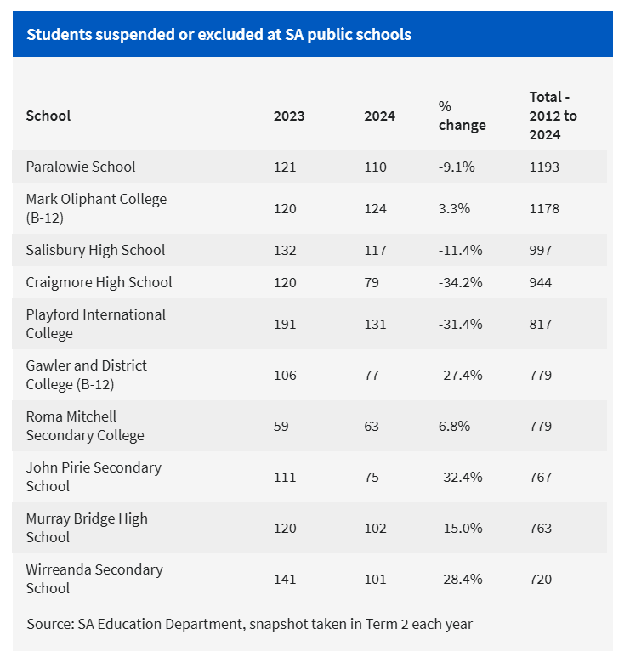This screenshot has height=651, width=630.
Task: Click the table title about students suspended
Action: coord(219,35)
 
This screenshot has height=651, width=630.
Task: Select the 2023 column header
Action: coord(288,116)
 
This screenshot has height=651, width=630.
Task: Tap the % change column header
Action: coord(462,116)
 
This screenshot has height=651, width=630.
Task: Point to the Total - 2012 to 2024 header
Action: coord(553,116)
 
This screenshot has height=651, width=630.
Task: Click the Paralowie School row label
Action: coord(81,167)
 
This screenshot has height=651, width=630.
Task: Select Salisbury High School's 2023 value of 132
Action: coord(285,250)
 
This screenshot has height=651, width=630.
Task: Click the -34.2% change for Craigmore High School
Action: coord(460,282)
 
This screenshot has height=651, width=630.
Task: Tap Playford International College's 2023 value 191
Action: coord(285,324)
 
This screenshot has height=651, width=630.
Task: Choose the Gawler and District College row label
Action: coord(86,375)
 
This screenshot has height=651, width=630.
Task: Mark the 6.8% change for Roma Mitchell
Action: coord(454,426)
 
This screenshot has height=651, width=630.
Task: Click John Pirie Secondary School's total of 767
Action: coord(541,477)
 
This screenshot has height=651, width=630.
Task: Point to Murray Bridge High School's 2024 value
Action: coord(375,528)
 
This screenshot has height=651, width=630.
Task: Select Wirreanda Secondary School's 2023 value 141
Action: coord(285,579)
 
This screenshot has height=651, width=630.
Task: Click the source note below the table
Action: coord(249,624)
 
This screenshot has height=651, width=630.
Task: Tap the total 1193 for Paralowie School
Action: coord(544,167)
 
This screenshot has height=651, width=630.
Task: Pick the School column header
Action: coord(48,116)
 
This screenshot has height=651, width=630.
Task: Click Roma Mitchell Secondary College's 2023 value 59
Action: coord(281,426)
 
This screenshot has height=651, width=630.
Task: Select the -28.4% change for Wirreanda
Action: coord(460,579)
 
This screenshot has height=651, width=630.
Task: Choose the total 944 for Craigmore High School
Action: coord(541,282)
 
